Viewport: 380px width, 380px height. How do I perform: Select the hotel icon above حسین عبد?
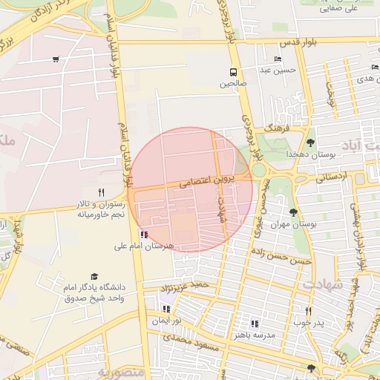point(278,59)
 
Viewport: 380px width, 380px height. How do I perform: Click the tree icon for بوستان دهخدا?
point(310,142)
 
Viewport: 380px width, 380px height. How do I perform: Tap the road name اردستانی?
point(331,178)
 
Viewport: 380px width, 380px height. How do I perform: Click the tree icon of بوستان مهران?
point(295,212)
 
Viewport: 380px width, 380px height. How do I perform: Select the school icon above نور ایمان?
point(167,309)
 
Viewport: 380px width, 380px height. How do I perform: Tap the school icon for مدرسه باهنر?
point(255,323)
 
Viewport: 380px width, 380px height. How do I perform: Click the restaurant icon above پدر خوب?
point(309,311)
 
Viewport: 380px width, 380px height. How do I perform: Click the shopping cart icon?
point(56,59)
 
